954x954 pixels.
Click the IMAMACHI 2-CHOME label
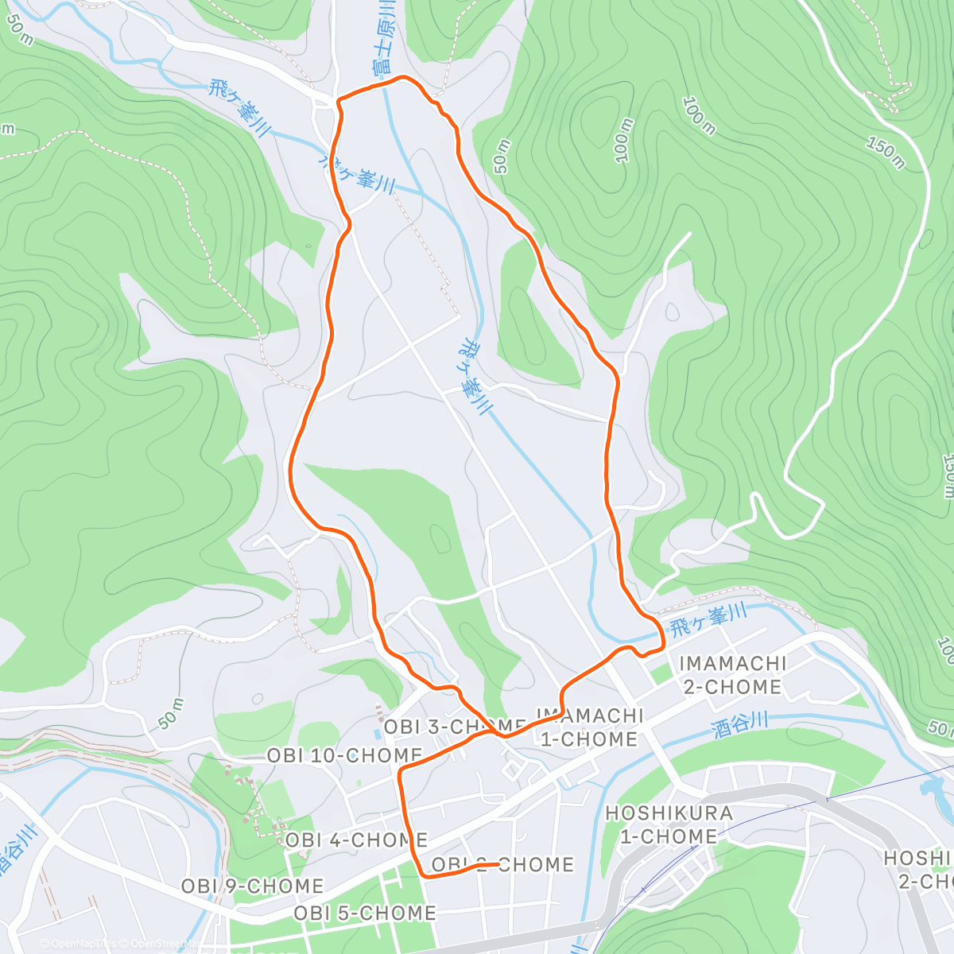pos(732,675)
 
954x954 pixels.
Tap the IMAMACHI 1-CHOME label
pos(589,727)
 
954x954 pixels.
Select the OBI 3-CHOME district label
pos(454,727)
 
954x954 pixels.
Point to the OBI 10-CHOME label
pos(344,755)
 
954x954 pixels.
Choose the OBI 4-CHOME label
pos(356,840)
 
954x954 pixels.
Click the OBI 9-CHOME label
pos(252,886)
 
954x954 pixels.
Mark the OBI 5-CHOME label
pos(365,913)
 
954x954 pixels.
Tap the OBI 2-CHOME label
pos(502,865)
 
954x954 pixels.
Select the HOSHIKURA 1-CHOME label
pos(669,824)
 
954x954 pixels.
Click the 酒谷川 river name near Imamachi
pos(740,725)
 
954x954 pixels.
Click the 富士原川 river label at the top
pos(384,36)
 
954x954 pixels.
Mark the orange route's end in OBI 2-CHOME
pos(498,864)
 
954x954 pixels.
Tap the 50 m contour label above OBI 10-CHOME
pos(170,713)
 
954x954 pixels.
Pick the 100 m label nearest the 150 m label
pos(698,116)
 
